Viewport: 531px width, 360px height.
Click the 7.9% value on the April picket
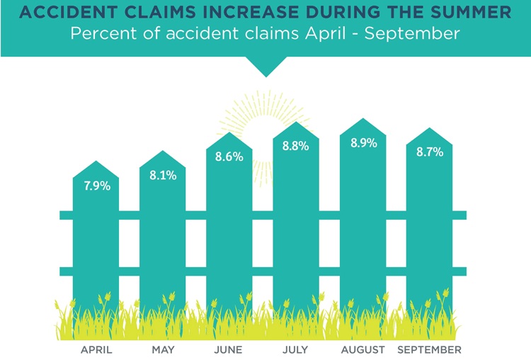(x=96, y=186)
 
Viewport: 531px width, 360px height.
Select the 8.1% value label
(x=162, y=175)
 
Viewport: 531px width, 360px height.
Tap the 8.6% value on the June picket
(x=229, y=157)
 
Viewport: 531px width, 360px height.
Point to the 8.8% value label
(x=296, y=147)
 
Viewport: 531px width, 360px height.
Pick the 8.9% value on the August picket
(x=363, y=142)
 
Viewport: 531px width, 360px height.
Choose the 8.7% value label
(x=430, y=152)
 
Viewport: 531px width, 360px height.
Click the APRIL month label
(x=96, y=349)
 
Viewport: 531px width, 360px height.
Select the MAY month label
(x=163, y=349)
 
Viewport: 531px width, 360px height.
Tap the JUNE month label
(x=228, y=349)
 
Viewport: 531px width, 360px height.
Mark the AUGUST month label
(x=363, y=349)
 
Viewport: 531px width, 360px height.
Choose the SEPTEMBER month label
(x=430, y=349)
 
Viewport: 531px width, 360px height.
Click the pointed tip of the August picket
(x=363, y=118)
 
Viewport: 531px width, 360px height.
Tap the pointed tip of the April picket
(x=96, y=162)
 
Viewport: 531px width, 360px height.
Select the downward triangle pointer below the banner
(x=265, y=68)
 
